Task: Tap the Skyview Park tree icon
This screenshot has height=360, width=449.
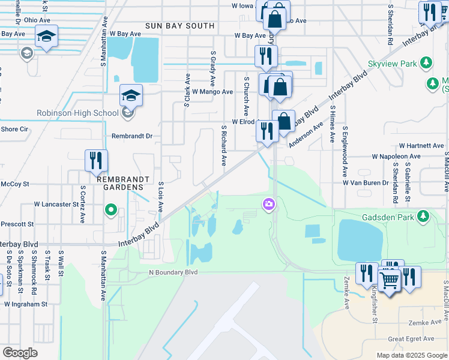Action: click(x=427, y=62)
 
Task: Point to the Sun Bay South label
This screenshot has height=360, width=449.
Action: click(x=179, y=26)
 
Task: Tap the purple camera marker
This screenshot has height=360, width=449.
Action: click(x=268, y=205)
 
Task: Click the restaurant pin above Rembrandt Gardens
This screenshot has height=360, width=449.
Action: click(x=96, y=160)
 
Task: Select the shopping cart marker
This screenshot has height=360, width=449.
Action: click(x=390, y=280)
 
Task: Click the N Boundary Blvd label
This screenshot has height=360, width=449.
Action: click(x=174, y=272)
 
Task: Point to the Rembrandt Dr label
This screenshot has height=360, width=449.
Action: click(x=132, y=136)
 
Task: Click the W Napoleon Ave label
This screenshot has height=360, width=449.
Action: click(x=396, y=156)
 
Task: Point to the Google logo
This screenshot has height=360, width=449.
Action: click(x=20, y=353)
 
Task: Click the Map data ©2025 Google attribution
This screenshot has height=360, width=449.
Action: click(x=411, y=355)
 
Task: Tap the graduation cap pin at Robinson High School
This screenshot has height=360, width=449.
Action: click(x=131, y=95)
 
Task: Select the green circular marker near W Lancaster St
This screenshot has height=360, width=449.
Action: click(x=110, y=210)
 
